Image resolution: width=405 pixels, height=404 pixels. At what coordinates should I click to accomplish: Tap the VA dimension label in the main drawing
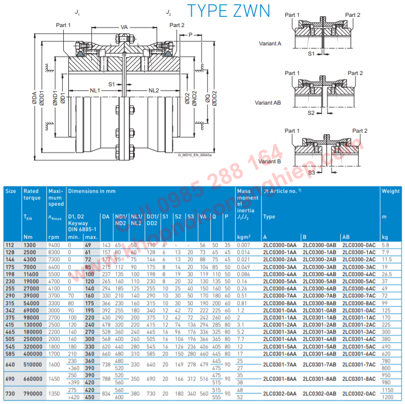[124, 27]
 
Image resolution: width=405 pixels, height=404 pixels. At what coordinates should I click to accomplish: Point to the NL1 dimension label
[95, 90]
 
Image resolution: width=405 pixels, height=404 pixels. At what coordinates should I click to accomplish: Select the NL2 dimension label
[154, 90]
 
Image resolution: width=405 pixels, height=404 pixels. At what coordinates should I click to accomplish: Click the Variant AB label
[268, 103]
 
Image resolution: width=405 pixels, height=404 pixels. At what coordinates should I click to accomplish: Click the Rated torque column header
[31, 194]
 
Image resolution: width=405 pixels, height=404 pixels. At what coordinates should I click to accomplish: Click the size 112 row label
[10, 245]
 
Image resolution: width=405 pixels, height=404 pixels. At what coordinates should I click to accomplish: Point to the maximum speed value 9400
[54, 245]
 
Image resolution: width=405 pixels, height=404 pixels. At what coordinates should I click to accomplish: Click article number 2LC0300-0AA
[282, 245]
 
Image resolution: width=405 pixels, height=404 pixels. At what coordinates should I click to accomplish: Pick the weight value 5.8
[386, 245]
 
